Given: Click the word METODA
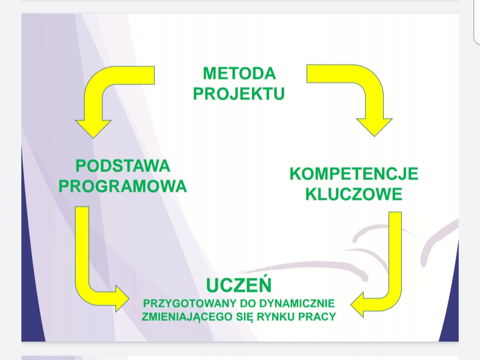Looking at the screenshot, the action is (x=240, y=73).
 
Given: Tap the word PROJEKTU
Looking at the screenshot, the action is (x=239, y=94).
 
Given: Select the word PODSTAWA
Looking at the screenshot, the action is (x=123, y=166).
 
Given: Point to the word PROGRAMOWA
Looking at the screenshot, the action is (x=123, y=186).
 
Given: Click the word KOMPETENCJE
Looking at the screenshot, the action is (x=354, y=174).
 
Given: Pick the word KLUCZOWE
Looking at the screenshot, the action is (x=354, y=194).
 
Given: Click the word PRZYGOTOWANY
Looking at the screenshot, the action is (x=190, y=304).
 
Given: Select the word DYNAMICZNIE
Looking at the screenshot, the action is (x=297, y=304).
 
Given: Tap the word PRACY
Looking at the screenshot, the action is (x=317, y=316).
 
